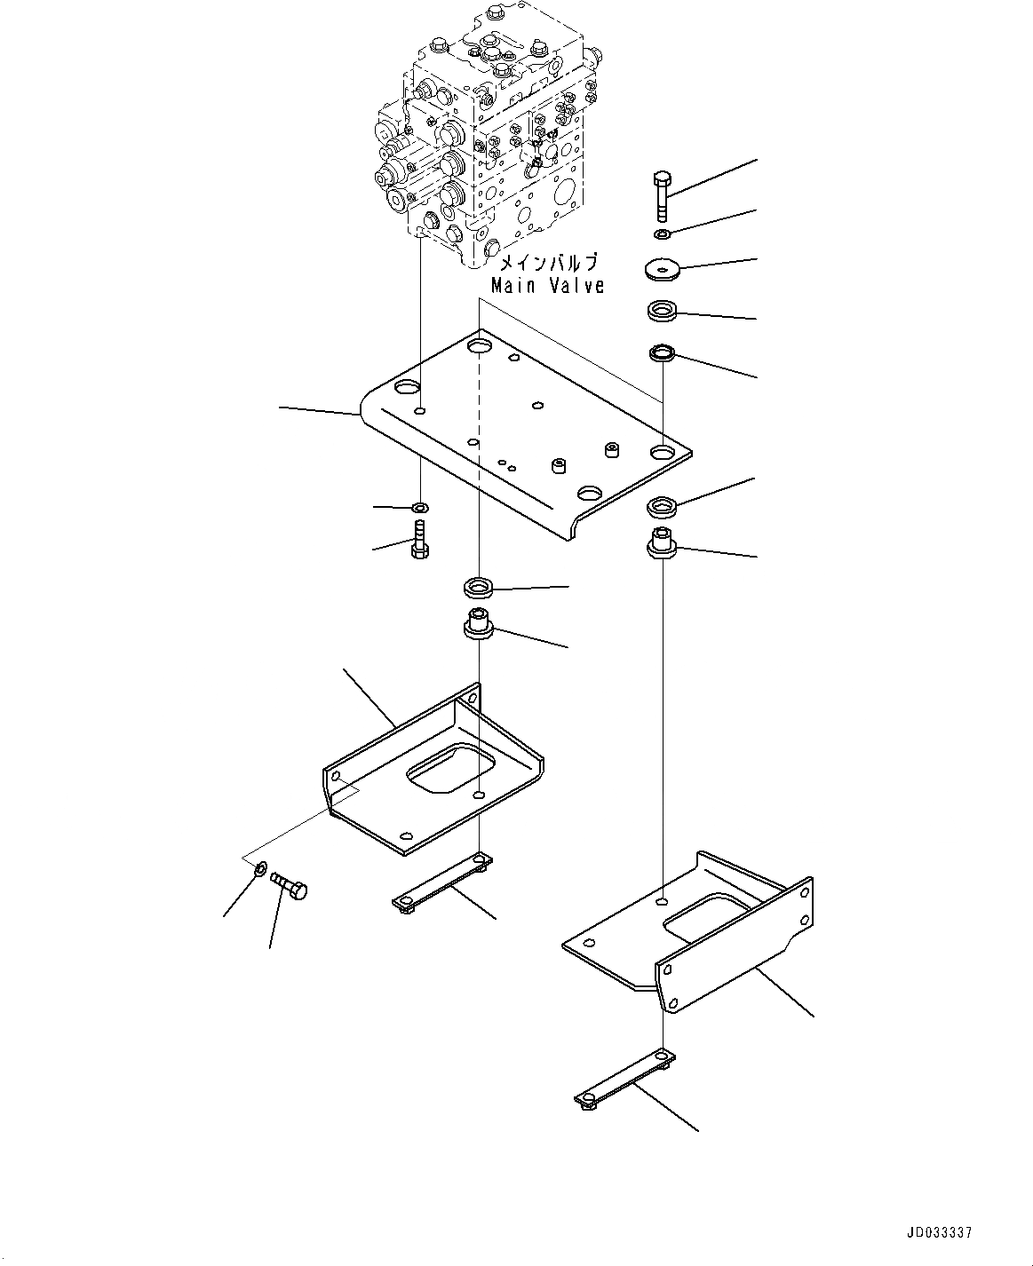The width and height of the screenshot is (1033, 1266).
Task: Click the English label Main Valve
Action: click(x=548, y=286)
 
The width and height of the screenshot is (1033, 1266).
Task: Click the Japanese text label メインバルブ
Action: click(x=548, y=264)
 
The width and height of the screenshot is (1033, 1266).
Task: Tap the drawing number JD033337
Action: click(x=939, y=1233)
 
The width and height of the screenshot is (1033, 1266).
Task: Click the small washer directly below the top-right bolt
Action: click(x=662, y=234)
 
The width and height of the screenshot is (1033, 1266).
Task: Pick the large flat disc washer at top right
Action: click(x=662, y=268)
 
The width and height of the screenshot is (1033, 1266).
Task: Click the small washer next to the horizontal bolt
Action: click(x=260, y=867)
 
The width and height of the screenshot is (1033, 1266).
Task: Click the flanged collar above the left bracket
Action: click(x=479, y=624)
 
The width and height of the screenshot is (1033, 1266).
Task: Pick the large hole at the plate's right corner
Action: click(x=663, y=453)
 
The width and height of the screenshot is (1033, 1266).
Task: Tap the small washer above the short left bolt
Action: click(x=419, y=508)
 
